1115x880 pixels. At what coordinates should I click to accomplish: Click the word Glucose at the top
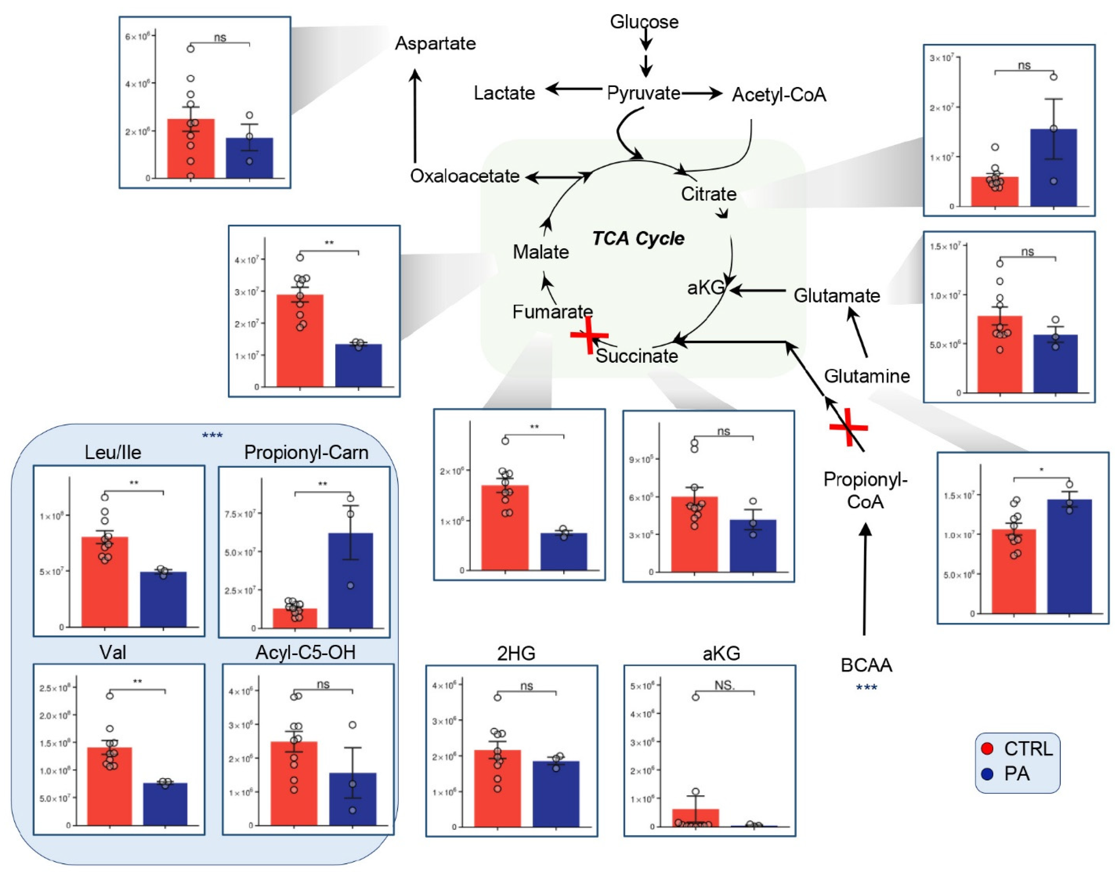tap(644, 22)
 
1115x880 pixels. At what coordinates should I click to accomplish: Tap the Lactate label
tap(504, 93)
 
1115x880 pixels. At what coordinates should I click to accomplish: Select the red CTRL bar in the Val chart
tap(110, 786)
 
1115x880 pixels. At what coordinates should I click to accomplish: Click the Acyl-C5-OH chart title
tap(305, 653)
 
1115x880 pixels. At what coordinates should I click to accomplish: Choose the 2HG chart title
tap(516, 653)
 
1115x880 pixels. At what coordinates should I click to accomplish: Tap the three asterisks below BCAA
tap(866, 687)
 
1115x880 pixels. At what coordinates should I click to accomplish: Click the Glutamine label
tap(867, 376)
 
